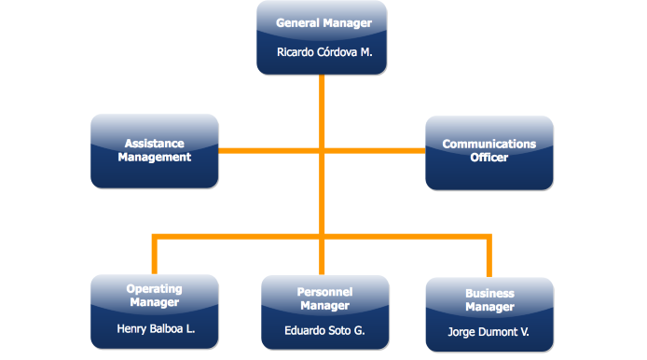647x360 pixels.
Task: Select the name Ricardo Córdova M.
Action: (x=323, y=52)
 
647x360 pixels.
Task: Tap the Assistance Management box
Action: (x=155, y=151)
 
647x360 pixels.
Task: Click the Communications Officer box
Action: (x=489, y=151)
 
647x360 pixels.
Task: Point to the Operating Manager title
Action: (x=155, y=296)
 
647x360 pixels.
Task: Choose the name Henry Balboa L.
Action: (x=155, y=328)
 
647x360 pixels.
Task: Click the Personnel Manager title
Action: (x=324, y=298)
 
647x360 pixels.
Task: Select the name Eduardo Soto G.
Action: (x=324, y=330)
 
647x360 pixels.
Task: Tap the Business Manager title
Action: (x=489, y=300)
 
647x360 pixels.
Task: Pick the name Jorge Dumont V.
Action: (x=489, y=331)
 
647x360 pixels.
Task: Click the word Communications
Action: (x=489, y=145)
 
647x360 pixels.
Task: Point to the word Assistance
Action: (x=155, y=144)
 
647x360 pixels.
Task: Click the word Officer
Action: (x=489, y=158)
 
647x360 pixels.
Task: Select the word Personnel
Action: (x=324, y=292)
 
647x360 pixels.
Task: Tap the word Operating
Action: (x=155, y=289)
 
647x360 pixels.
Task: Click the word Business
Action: (x=489, y=294)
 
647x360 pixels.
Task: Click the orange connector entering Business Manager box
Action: (x=489, y=258)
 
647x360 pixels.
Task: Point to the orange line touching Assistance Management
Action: (x=242, y=150)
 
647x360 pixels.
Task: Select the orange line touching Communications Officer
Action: (x=401, y=150)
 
